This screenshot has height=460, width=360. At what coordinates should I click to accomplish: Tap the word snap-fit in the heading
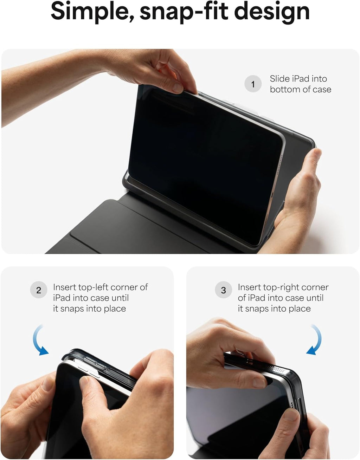click(x=184, y=12)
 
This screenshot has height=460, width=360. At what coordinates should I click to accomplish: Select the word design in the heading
click(x=272, y=12)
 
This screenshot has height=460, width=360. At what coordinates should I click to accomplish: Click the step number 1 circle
click(x=253, y=84)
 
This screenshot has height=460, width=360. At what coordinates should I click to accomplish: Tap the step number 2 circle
click(x=39, y=290)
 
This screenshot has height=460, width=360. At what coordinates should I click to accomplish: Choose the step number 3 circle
click(x=223, y=290)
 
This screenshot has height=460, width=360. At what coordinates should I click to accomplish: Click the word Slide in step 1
click(x=279, y=79)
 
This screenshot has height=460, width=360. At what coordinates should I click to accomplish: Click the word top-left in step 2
click(x=94, y=287)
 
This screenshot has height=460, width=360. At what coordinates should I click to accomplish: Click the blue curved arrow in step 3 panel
click(x=316, y=341)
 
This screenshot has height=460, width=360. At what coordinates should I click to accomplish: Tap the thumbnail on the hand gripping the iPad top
click(x=178, y=88)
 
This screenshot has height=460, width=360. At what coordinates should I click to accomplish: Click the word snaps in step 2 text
click(x=73, y=309)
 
